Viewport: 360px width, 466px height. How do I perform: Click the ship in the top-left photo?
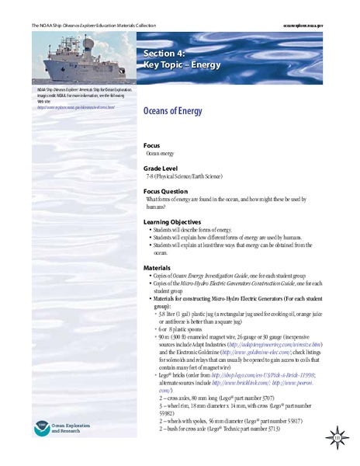[67, 58]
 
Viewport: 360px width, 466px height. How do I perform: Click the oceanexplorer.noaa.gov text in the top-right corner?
[320, 26]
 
